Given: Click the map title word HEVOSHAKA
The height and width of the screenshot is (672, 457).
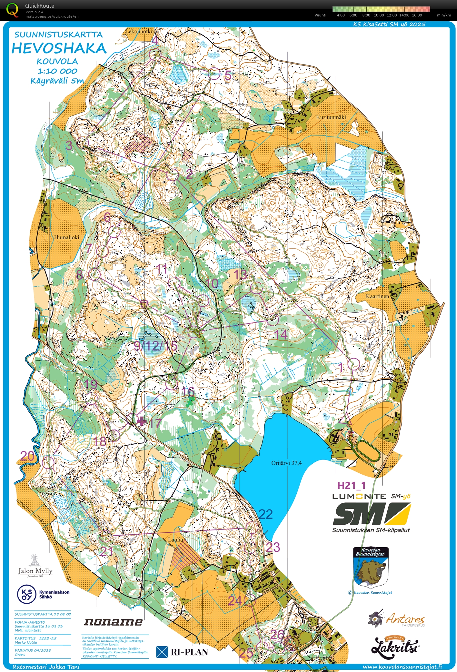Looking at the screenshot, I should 59,48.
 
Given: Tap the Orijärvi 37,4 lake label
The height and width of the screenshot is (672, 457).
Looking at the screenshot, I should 286,463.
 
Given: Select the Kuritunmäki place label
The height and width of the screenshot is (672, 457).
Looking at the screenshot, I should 331,117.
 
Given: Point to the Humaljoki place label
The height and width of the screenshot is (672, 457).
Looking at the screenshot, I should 66,237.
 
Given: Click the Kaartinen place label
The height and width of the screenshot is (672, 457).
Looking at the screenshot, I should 377,296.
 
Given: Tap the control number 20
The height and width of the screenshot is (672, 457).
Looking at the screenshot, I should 27,456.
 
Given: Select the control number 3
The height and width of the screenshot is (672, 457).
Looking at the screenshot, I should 69,146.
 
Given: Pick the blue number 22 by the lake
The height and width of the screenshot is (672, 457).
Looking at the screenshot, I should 265,514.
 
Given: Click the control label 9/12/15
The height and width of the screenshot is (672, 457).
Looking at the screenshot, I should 155,346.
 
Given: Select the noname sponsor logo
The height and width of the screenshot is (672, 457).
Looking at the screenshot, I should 113,622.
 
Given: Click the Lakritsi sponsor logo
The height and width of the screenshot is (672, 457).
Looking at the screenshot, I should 395,647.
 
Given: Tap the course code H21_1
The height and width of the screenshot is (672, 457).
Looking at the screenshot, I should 351,485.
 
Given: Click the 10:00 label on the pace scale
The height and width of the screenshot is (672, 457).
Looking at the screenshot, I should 379,15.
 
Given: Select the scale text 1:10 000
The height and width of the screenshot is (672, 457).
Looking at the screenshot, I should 57,71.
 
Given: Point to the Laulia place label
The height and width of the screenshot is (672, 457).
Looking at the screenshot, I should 175,539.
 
